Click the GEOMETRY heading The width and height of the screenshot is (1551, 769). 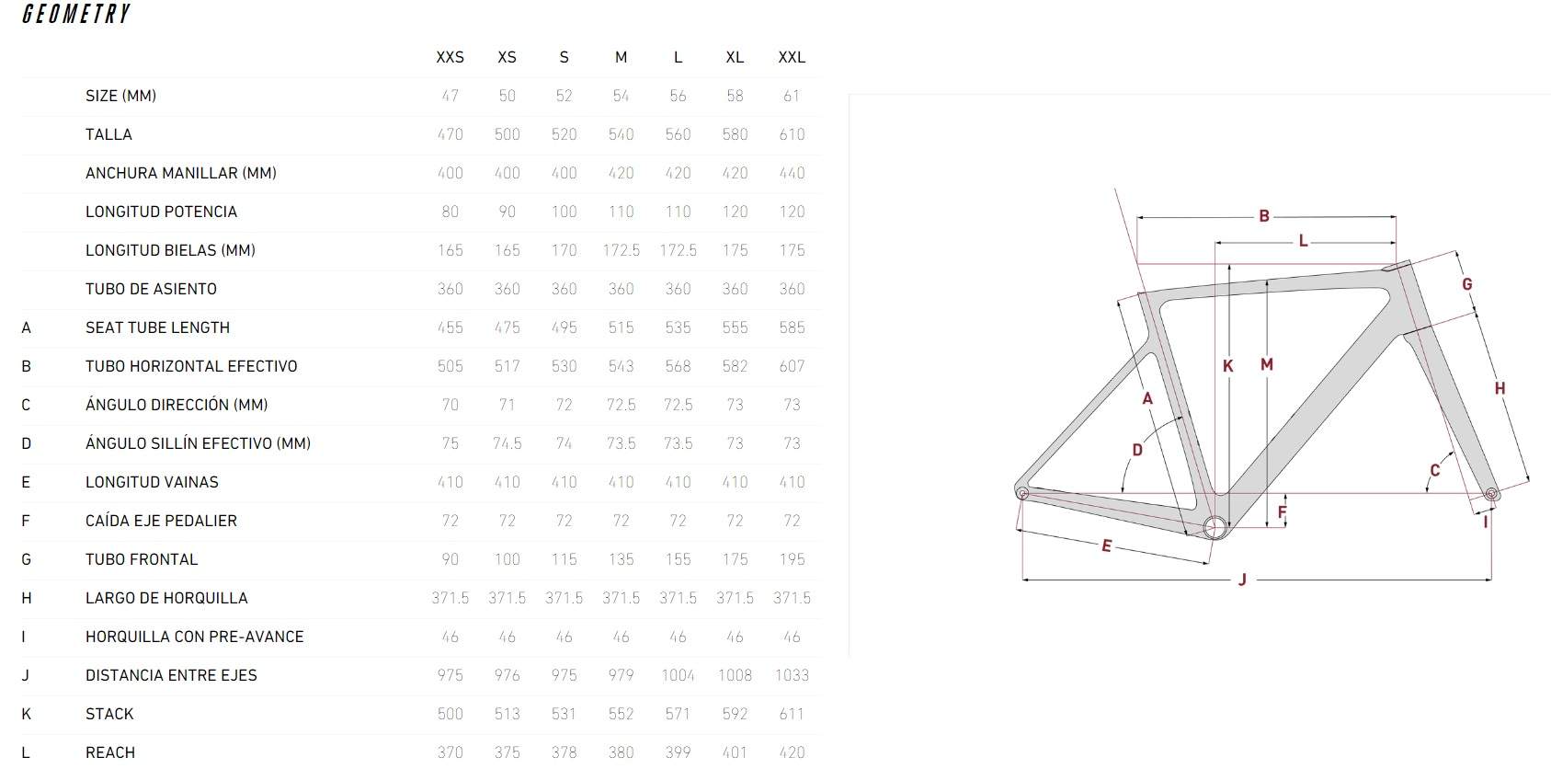tap(76, 14)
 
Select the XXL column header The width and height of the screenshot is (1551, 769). tap(792, 58)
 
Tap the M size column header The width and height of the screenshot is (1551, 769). tap(622, 58)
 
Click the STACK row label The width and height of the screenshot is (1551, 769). tap(109, 715)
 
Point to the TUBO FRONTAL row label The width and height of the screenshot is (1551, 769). tap(142, 560)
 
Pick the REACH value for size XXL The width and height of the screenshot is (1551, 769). tap(792, 752)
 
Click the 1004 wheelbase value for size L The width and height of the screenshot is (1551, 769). tap(678, 675)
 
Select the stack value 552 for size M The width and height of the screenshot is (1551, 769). tap(622, 715)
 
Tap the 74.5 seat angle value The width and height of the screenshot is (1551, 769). tap(507, 443)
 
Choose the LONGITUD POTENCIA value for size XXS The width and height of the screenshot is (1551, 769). tap(450, 212)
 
